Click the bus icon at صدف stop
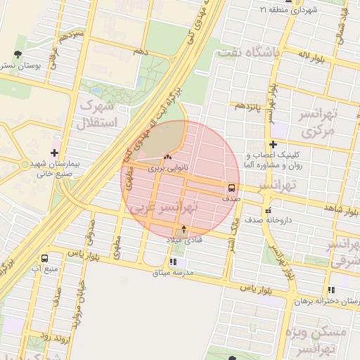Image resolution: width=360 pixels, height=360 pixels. (231, 188)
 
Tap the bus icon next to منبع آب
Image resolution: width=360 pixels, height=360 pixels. (46, 258)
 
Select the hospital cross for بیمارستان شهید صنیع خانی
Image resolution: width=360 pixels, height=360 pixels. (54, 152)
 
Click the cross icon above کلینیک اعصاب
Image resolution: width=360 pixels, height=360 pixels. (273, 144)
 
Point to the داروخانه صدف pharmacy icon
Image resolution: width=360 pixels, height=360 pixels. (267, 210)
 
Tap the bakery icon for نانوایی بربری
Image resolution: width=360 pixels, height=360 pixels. (167, 157)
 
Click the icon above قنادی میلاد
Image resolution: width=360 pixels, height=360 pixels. (184, 229)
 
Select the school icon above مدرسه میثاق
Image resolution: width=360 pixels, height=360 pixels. (173, 262)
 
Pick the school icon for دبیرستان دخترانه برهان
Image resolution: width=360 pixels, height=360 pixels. (330, 290)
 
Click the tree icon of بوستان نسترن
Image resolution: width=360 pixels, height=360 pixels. (17, 53)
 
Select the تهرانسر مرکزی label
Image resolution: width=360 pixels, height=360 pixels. (319, 122)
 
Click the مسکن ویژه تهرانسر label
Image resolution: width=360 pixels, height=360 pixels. (319, 340)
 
